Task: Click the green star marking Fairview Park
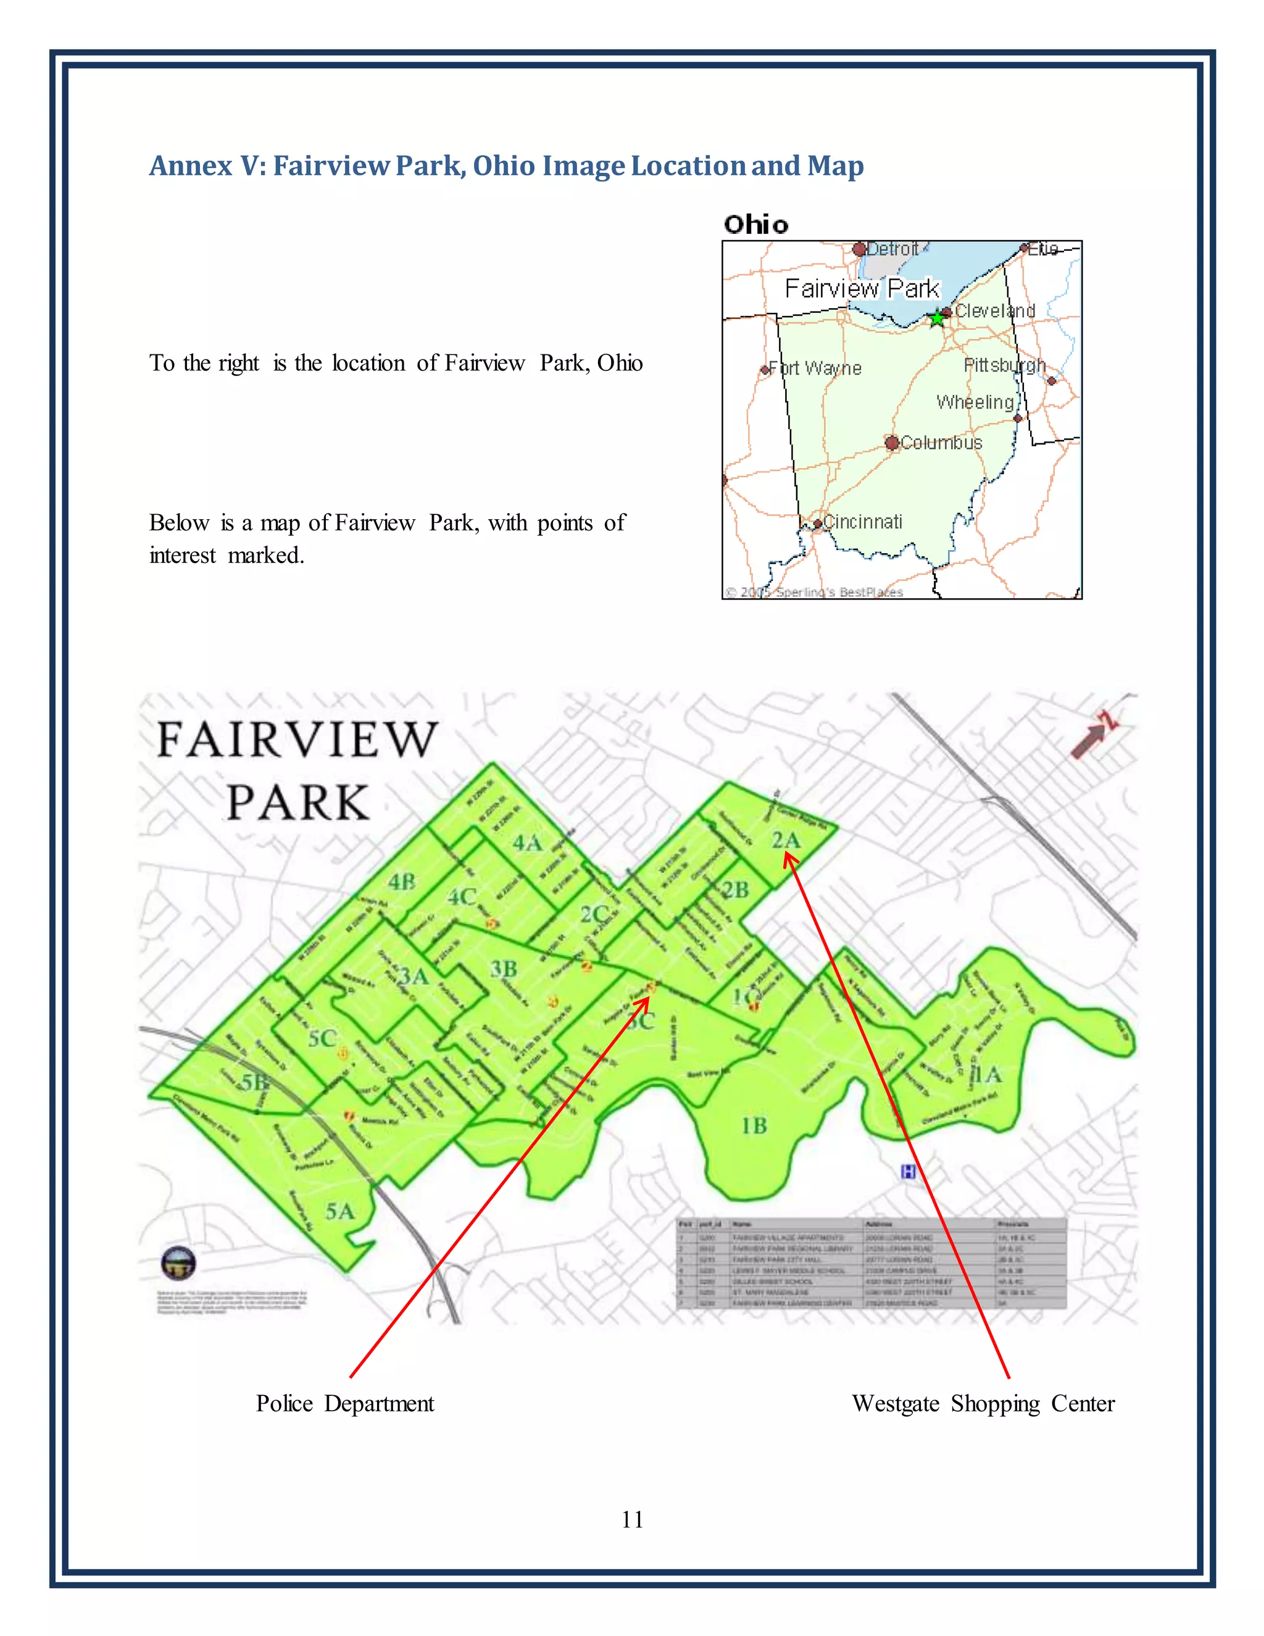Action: (937, 319)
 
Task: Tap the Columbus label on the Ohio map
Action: (941, 443)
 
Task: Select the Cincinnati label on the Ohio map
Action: (863, 522)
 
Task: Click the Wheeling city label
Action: (975, 403)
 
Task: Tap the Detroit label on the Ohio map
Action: (892, 249)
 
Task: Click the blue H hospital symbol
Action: (908, 1172)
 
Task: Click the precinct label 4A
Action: (527, 843)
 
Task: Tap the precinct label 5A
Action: (339, 1211)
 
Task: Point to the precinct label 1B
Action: (754, 1126)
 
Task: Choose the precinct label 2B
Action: (734, 889)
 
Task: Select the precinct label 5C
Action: (322, 1038)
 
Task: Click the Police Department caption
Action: (345, 1403)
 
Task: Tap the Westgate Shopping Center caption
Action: (983, 1403)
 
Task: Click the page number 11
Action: (632, 1519)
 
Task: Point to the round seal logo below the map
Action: (178, 1264)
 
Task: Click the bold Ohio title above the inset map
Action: (755, 224)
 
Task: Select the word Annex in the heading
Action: (190, 165)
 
